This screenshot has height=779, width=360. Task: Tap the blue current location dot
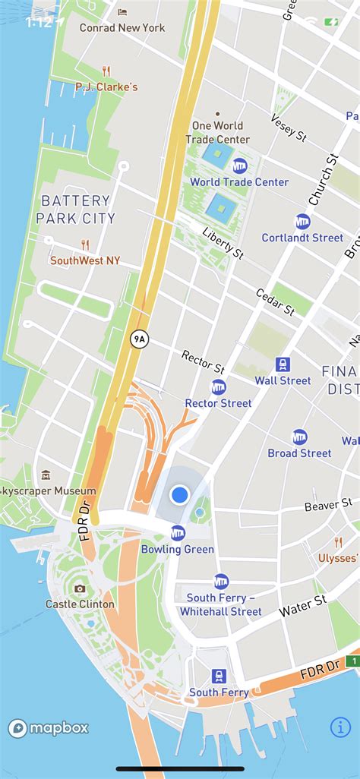(179, 495)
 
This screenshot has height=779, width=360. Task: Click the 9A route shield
(138, 339)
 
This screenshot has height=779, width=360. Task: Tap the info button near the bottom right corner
(340, 727)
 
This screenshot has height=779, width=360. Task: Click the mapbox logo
(49, 728)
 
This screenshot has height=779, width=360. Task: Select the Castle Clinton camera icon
(80, 588)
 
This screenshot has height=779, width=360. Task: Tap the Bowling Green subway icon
(178, 532)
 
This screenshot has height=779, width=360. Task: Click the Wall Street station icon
(283, 364)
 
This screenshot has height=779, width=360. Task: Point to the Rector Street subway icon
(219, 386)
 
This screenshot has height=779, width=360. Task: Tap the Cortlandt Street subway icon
(303, 222)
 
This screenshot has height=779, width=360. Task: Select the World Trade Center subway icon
(239, 166)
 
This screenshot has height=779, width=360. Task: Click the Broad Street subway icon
(300, 437)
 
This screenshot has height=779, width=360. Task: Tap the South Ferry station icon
(219, 676)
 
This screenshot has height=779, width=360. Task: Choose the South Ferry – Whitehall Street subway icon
(221, 581)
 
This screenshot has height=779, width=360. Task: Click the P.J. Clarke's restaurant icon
(106, 71)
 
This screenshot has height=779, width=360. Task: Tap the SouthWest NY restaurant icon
(85, 244)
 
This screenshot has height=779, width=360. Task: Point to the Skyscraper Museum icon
(46, 475)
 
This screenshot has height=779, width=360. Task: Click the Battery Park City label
(76, 210)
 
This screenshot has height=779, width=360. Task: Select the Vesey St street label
(289, 128)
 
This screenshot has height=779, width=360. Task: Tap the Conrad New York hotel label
(122, 27)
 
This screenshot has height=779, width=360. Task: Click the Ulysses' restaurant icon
(339, 542)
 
